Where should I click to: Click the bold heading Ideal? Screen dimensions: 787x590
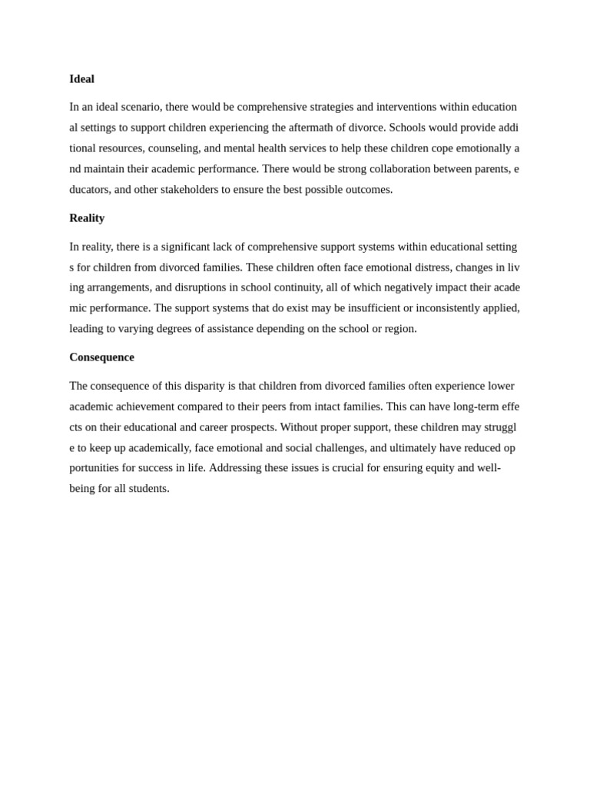pyautogui.click(x=81, y=79)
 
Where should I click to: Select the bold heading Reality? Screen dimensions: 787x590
pyautogui.click(x=87, y=218)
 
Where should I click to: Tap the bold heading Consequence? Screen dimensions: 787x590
pyautogui.click(x=101, y=357)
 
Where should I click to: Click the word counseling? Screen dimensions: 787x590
pyautogui.click(x=173, y=148)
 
